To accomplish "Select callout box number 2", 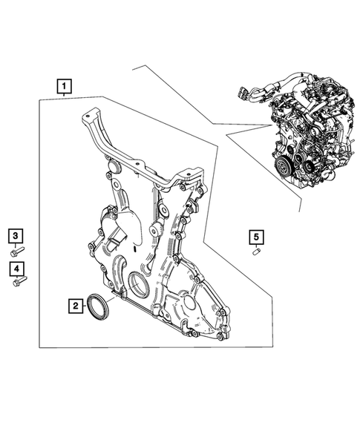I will pos(75,304).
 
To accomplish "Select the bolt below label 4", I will pos(18,280).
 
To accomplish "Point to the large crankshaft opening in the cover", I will pos(139,285).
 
